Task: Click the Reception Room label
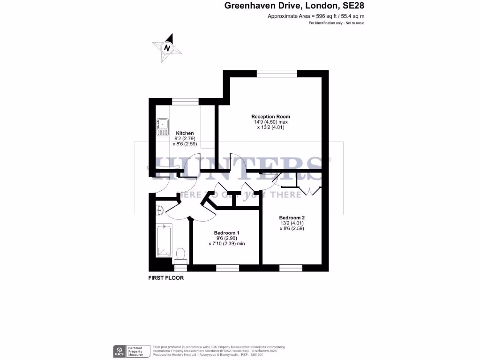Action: pos(270,117)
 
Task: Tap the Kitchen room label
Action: pos(185,133)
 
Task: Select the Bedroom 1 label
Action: pos(227,233)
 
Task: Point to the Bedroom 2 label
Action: pos(292,218)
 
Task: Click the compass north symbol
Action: pos(166,47)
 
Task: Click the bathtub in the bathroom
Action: pos(164,241)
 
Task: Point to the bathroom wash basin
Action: pos(159,210)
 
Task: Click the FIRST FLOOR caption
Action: pos(166,278)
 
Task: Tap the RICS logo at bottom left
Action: pos(120,350)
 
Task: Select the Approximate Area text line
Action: pos(315,16)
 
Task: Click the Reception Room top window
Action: pos(277,73)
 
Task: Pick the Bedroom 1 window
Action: pos(227,268)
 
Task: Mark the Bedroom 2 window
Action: pos(291,268)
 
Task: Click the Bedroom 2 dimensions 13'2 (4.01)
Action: pos(292,224)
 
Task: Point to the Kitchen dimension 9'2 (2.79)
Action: pos(185,139)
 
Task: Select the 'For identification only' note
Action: pos(337,23)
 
